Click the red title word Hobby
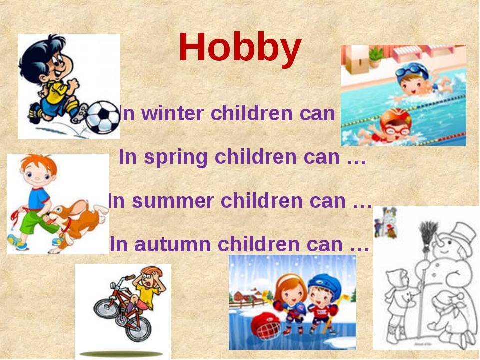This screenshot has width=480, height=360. [240, 49]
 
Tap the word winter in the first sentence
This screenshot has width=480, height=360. [173, 113]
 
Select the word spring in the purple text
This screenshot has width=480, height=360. [175, 158]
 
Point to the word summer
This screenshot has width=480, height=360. [173, 201]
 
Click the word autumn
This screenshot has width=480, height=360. [172, 244]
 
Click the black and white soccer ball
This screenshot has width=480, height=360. [102, 117]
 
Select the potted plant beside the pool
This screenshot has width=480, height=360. [376, 57]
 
